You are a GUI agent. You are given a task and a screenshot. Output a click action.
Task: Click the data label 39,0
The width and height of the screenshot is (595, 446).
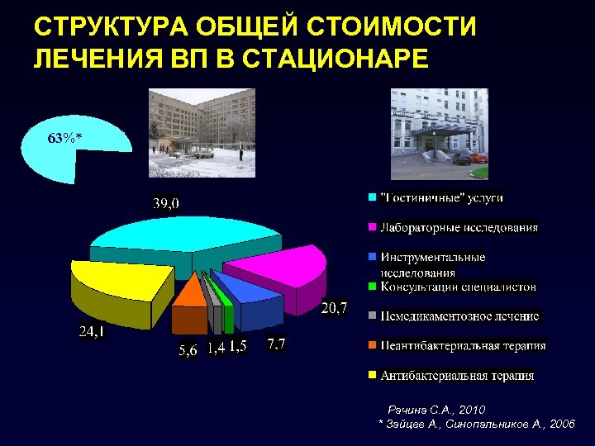pyautogui.click(x=165, y=203)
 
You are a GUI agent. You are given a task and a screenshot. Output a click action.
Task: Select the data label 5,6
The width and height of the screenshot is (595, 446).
pyautogui.click(x=188, y=350)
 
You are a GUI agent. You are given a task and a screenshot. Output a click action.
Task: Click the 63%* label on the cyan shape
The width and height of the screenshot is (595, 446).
pyautogui.click(x=64, y=138)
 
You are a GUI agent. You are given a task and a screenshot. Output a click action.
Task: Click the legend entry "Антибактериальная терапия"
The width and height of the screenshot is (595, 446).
pyautogui.click(x=457, y=376)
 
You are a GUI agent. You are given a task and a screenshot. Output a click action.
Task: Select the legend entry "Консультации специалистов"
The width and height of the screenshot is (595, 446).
pyautogui.click(x=458, y=287)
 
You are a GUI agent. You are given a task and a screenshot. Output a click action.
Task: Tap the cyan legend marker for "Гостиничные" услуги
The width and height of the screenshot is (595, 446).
pyautogui.click(x=372, y=197)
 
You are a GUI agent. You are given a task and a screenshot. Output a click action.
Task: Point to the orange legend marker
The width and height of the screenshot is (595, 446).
pyautogui.click(x=372, y=345)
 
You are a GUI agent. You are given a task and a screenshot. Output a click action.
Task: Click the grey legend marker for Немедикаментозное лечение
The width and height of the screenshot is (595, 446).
pyautogui.click(x=372, y=316)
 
